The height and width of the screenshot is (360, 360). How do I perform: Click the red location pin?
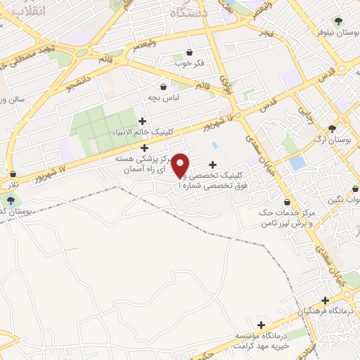pos(181,165)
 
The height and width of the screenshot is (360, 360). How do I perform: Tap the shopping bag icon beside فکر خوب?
pos(189,52)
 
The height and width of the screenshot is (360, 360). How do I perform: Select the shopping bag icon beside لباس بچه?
pos(164,87)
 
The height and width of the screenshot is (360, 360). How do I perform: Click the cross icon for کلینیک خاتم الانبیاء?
pos(143,122)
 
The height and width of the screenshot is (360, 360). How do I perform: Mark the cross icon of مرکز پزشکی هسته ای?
pos(145,148)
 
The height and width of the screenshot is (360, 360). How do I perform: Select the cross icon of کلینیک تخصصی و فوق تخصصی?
pos(212,165)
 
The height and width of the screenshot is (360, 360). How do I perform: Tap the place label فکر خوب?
pos(189,63)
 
